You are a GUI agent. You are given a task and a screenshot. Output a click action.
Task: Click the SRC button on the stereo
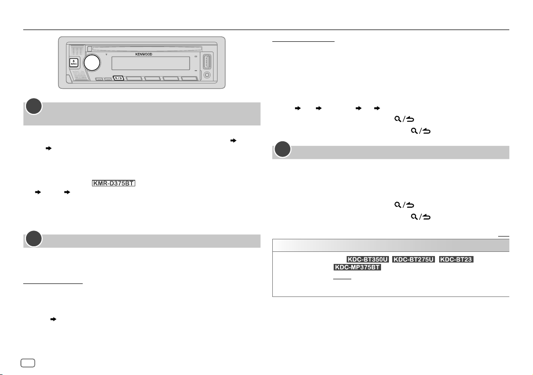tap(74, 63)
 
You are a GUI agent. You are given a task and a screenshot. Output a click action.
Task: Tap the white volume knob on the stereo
tap(92, 63)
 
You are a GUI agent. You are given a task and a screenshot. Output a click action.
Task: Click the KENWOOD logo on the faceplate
tap(144, 54)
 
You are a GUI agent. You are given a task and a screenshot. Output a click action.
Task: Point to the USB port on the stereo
tap(207, 62)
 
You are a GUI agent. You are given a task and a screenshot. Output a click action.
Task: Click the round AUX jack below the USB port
tap(207, 75)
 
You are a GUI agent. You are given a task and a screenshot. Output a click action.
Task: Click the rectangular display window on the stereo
tap(151, 63)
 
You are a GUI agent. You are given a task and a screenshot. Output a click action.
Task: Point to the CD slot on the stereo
tap(145, 49)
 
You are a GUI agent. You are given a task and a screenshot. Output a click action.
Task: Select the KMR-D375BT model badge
tap(113, 183)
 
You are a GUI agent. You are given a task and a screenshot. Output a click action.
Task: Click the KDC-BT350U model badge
tap(368, 259)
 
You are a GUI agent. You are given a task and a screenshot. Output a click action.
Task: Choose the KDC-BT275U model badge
tap(414, 259)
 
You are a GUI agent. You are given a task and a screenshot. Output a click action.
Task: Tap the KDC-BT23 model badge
tap(456, 259)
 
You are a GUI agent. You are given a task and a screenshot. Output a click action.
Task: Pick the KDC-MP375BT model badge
tap(357, 267)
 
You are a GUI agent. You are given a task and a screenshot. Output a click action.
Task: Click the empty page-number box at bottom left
tap(28, 363)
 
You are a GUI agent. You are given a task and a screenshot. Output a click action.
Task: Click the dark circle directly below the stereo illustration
tap(34, 106)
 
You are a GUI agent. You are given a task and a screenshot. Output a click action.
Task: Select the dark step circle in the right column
tap(283, 150)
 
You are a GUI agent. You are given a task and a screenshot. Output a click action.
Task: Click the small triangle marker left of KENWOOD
tap(106, 54)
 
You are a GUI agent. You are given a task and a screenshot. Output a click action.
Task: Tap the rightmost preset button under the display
tap(189, 79)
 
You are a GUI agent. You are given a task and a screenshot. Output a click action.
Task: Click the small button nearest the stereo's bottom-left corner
tap(99, 79)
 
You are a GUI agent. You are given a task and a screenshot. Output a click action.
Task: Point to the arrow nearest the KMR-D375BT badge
tap(67, 192)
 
